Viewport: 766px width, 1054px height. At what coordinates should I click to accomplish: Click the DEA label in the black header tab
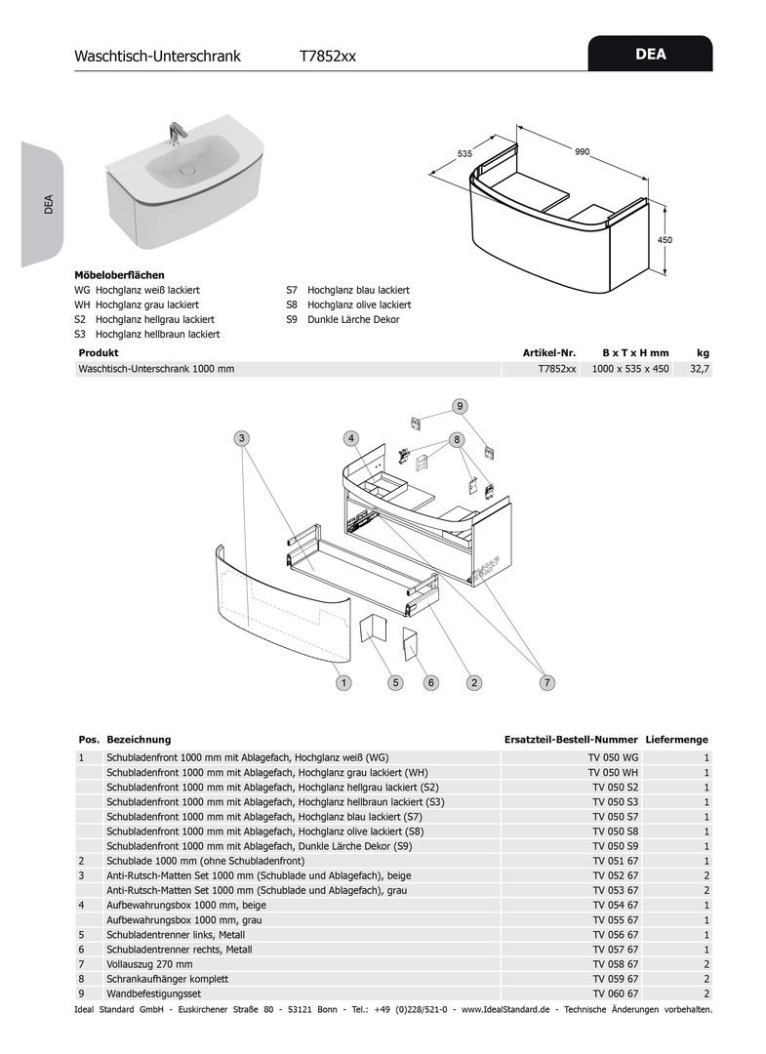pos(650,55)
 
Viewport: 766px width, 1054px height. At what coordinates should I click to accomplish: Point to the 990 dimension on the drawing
pos(582,152)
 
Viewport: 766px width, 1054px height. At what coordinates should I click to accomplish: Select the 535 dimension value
pos(464,153)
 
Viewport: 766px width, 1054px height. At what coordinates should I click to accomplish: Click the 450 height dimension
pos(665,239)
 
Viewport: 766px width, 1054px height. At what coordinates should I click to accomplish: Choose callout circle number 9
pos(460,406)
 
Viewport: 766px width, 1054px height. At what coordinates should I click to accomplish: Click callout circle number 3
pos(242,438)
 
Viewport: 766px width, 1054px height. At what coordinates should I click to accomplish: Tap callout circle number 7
pos(547,683)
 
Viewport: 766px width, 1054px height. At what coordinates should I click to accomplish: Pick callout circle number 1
pos(344,683)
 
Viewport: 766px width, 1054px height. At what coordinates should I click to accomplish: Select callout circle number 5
pos(396,683)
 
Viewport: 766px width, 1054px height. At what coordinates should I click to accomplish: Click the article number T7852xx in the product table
pos(557,369)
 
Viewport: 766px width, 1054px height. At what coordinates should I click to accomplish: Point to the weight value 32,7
pos(699,369)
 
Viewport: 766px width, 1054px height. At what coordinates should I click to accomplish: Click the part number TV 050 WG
pos(613,757)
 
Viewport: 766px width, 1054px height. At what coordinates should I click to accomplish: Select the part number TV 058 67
pos(613,964)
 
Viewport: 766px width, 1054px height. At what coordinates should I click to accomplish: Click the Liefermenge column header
pos(676,740)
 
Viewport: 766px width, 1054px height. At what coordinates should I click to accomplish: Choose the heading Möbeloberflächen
pos(120,275)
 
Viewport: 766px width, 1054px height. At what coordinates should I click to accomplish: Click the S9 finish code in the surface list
pos(292,319)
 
